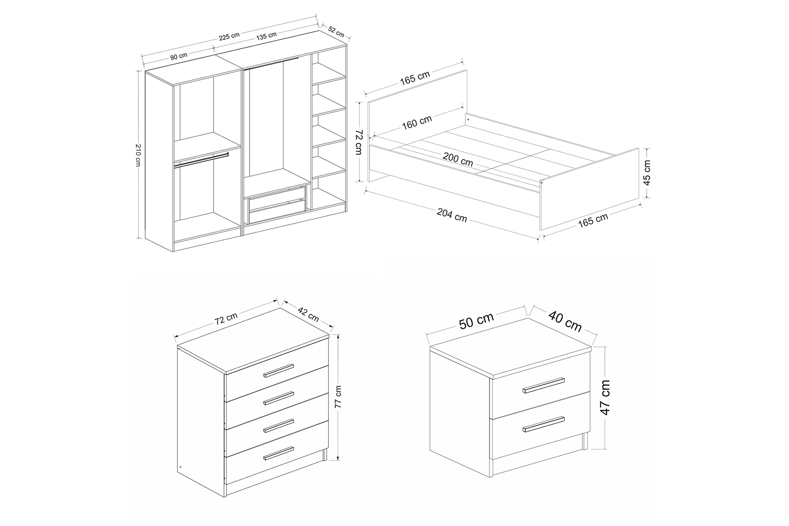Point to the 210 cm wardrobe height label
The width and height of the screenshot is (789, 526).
(x=138, y=155)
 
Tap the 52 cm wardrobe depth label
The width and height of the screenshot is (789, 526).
(x=336, y=32)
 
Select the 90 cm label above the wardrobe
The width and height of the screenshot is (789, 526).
(x=179, y=56)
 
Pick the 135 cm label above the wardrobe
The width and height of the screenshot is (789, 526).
(x=266, y=36)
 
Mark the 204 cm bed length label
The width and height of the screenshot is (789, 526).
(x=452, y=215)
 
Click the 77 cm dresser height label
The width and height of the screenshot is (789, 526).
(x=338, y=396)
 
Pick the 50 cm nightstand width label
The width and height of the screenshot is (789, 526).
(x=476, y=321)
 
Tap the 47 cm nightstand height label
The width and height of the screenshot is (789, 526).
(x=606, y=397)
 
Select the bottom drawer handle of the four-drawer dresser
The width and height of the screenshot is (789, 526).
(x=279, y=453)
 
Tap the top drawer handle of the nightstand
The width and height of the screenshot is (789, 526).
(x=543, y=385)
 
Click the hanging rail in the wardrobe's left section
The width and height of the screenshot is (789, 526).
(x=201, y=160)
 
